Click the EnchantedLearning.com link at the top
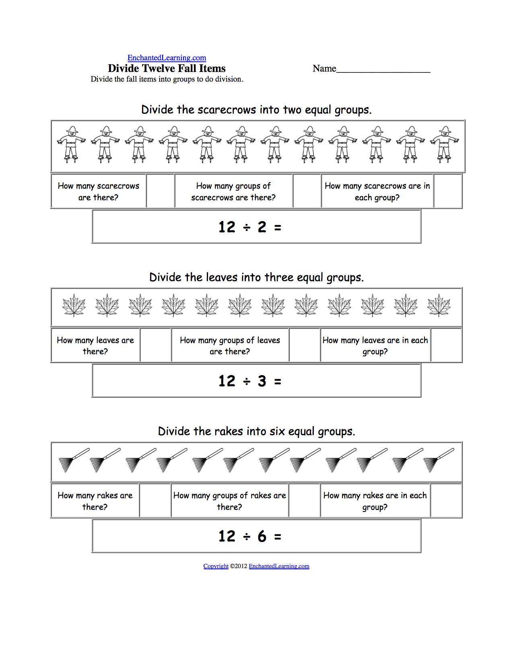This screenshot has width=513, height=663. [167, 58]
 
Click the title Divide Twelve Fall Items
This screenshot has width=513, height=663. [167, 68]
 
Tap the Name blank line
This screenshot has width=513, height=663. [383, 69]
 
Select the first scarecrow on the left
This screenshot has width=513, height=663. [72, 144]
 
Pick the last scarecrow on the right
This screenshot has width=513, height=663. [445, 144]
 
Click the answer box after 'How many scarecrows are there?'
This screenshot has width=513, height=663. [160, 191]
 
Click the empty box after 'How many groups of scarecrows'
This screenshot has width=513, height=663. [307, 191]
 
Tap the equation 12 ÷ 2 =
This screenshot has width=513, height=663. [249, 227]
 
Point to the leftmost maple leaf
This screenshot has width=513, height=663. [74, 305]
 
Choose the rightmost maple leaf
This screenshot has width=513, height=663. [439, 305]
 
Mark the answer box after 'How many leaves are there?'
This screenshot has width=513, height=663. [155, 345]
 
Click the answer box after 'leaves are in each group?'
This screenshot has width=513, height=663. [446, 345]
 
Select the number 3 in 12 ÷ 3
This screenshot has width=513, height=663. [262, 381]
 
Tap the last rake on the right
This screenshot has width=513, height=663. [439, 460]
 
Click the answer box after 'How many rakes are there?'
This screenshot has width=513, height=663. [155, 501]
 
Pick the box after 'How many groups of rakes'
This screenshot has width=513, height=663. [304, 501]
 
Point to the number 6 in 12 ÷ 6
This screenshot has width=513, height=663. [262, 536]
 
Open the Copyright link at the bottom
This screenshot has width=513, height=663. [216, 566]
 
